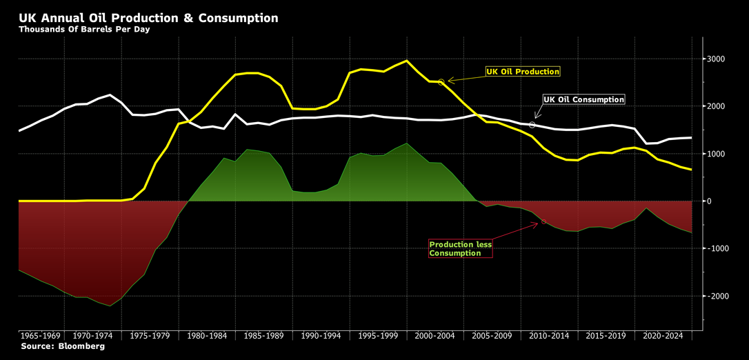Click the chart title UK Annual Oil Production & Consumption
click(148, 18)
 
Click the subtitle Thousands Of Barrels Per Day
click(84, 30)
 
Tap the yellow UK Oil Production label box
click(522, 72)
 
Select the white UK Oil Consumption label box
click(583, 100)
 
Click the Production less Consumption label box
click(460, 249)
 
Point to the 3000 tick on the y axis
click(715, 59)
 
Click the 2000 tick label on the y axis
click(715, 107)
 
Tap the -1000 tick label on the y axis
click(717, 248)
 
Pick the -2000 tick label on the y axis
click(717, 296)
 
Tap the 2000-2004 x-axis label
click(435, 336)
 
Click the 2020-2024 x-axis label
click(662, 336)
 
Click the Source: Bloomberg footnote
click(63, 346)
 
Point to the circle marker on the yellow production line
click(441, 82)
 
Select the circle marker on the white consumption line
click(532, 125)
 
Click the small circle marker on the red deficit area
click(543, 221)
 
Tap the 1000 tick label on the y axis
click(715, 154)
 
